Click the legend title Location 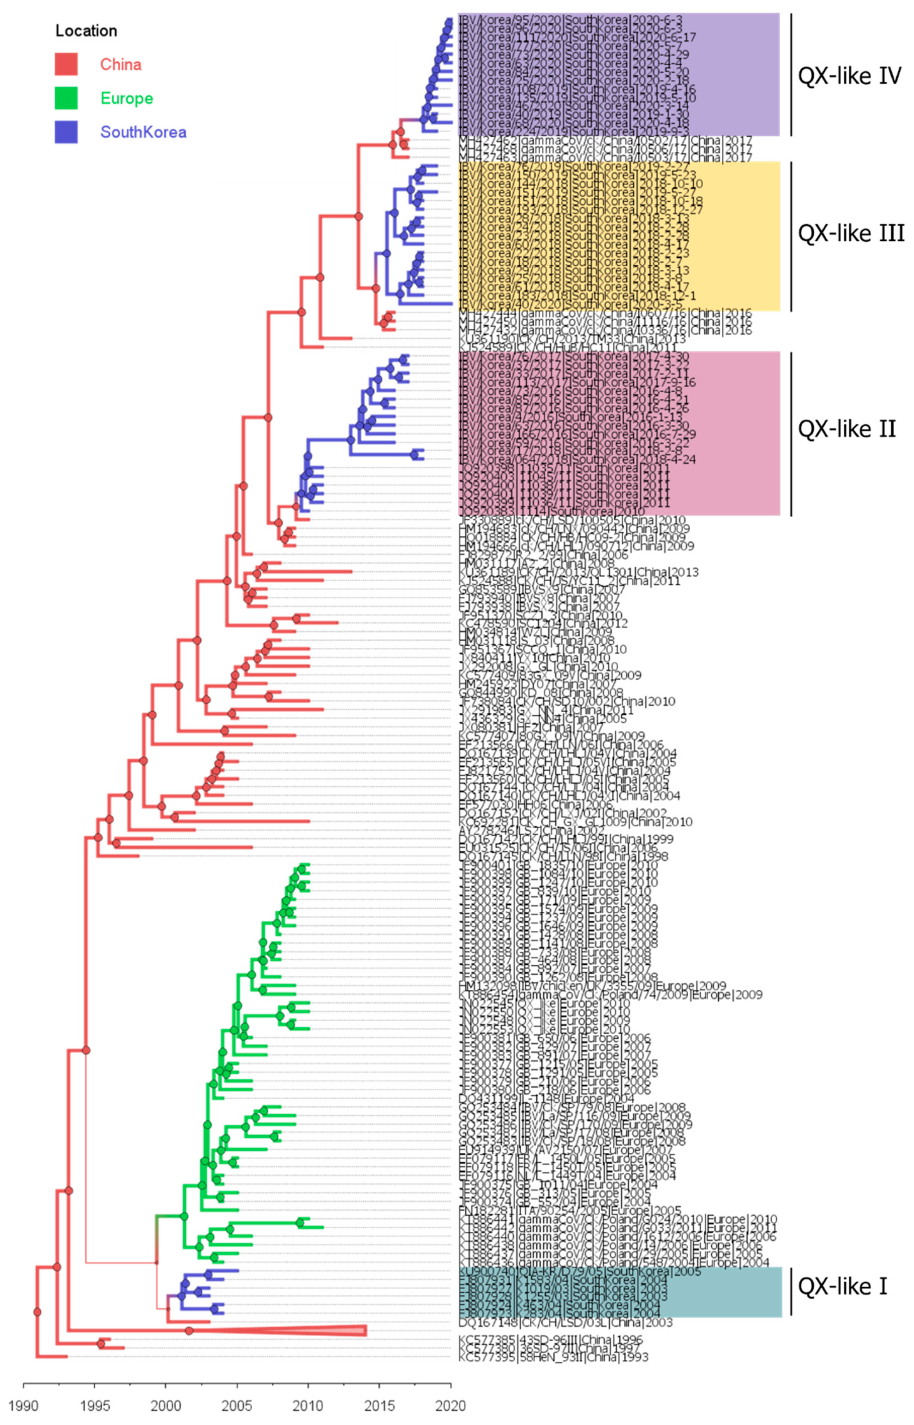pyautogui.click(x=86, y=31)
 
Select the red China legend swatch pyautogui.click(x=66, y=64)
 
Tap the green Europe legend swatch pyautogui.click(x=66, y=98)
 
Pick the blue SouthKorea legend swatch pyautogui.click(x=66, y=132)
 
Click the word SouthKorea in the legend pyautogui.click(x=143, y=132)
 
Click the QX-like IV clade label pyautogui.click(x=849, y=76)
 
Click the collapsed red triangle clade pyautogui.click(x=350, y=1331)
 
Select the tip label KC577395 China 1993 pyautogui.click(x=553, y=1357)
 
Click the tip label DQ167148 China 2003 pyautogui.click(x=565, y=1323)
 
